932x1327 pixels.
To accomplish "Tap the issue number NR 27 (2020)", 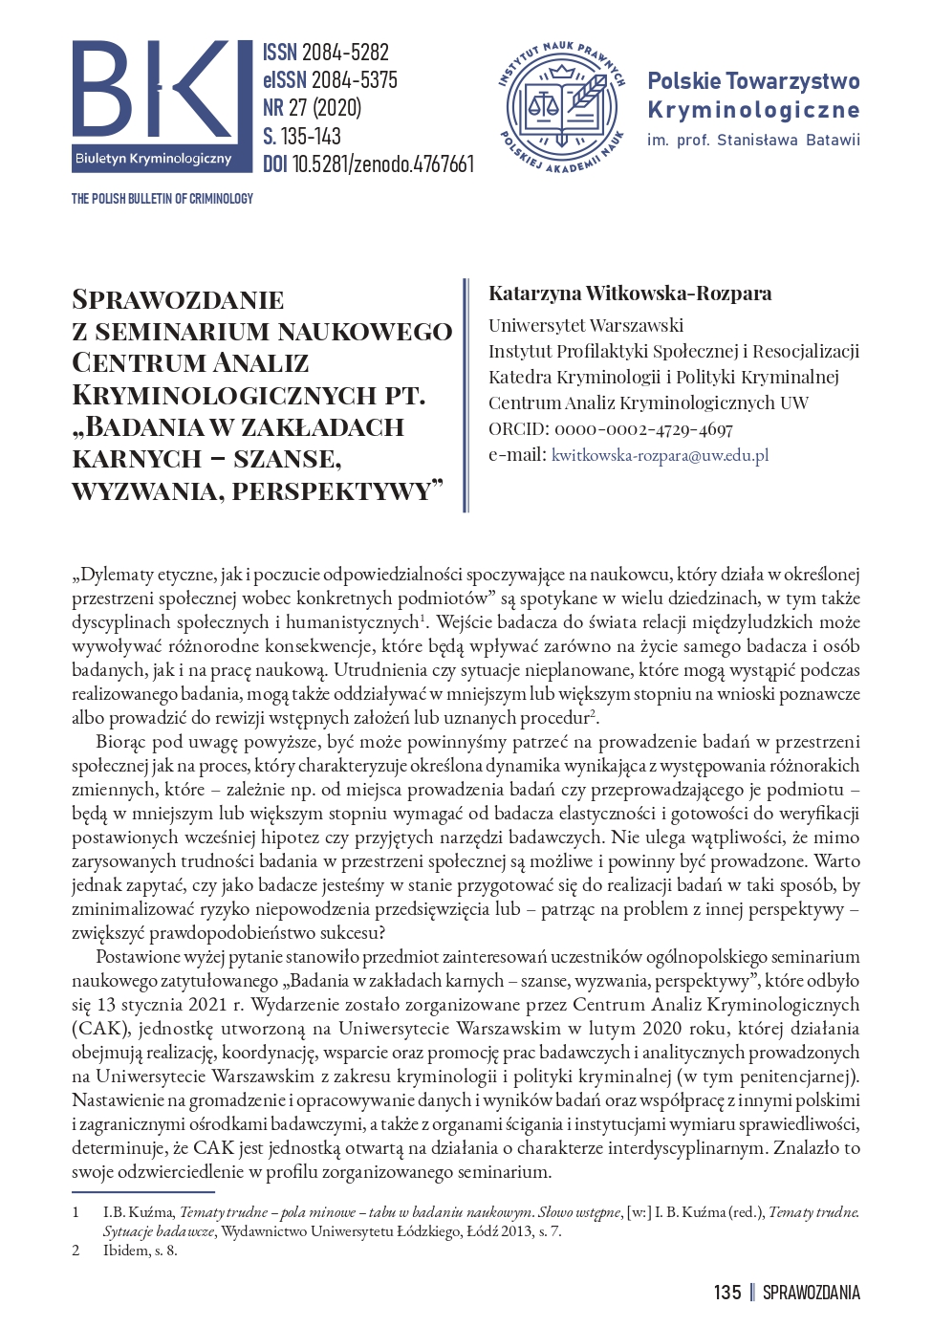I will click(x=312, y=108).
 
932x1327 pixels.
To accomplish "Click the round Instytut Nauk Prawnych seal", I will click(x=562, y=107).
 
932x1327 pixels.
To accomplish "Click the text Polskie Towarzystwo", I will click(x=753, y=81).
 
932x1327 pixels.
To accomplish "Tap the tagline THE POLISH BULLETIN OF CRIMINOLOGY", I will click(x=162, y=199).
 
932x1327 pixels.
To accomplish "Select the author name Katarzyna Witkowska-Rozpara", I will click(x=630, y=294).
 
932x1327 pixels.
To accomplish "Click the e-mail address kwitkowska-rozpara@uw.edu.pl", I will click(x=660, y=455).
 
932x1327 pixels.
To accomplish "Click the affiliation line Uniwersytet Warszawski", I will click(x=586, y=325).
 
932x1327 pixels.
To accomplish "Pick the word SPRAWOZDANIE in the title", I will click(x=178, y=300).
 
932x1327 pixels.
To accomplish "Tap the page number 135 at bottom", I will click(x=727, y=1293).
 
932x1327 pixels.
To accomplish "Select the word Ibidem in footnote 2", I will click(x=124, y=1250).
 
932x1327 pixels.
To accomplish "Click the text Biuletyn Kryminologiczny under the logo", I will click(x=153, y=159).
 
